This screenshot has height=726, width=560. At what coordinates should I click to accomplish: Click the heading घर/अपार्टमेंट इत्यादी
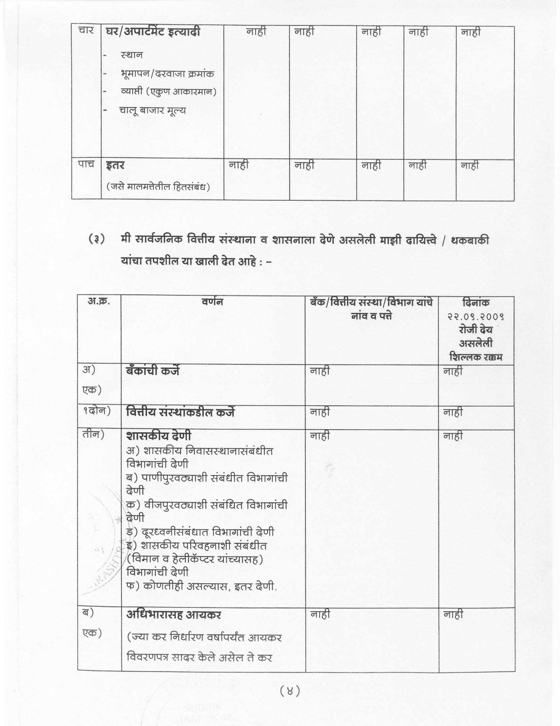click(x=153, y=32)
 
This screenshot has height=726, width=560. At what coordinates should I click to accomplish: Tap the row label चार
click(x=86, y=31)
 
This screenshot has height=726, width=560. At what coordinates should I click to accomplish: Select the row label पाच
click(x=86, y=164)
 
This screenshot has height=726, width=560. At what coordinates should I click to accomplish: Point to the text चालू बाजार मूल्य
click(x=153, y=111)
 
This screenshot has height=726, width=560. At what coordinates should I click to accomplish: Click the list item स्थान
click(x=132, y=55)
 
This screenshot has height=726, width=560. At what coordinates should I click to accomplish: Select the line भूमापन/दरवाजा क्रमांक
click(x=167, y=74)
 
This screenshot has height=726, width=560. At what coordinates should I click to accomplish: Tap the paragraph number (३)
click(x=96, y=239)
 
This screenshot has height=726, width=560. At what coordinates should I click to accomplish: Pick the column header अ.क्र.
click(x=98, y=301)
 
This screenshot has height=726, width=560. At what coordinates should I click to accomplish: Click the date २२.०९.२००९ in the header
click(x=475, y=316)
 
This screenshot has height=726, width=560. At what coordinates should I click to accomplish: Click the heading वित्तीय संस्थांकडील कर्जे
click(x=180, y=412)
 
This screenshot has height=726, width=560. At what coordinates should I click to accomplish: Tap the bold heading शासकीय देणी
click(x=158, y=436)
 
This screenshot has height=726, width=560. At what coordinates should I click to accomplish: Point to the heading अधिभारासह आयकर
click(x=174, y=615)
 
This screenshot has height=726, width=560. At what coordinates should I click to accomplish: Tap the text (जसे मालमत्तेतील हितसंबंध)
click(x=158, y=187)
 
